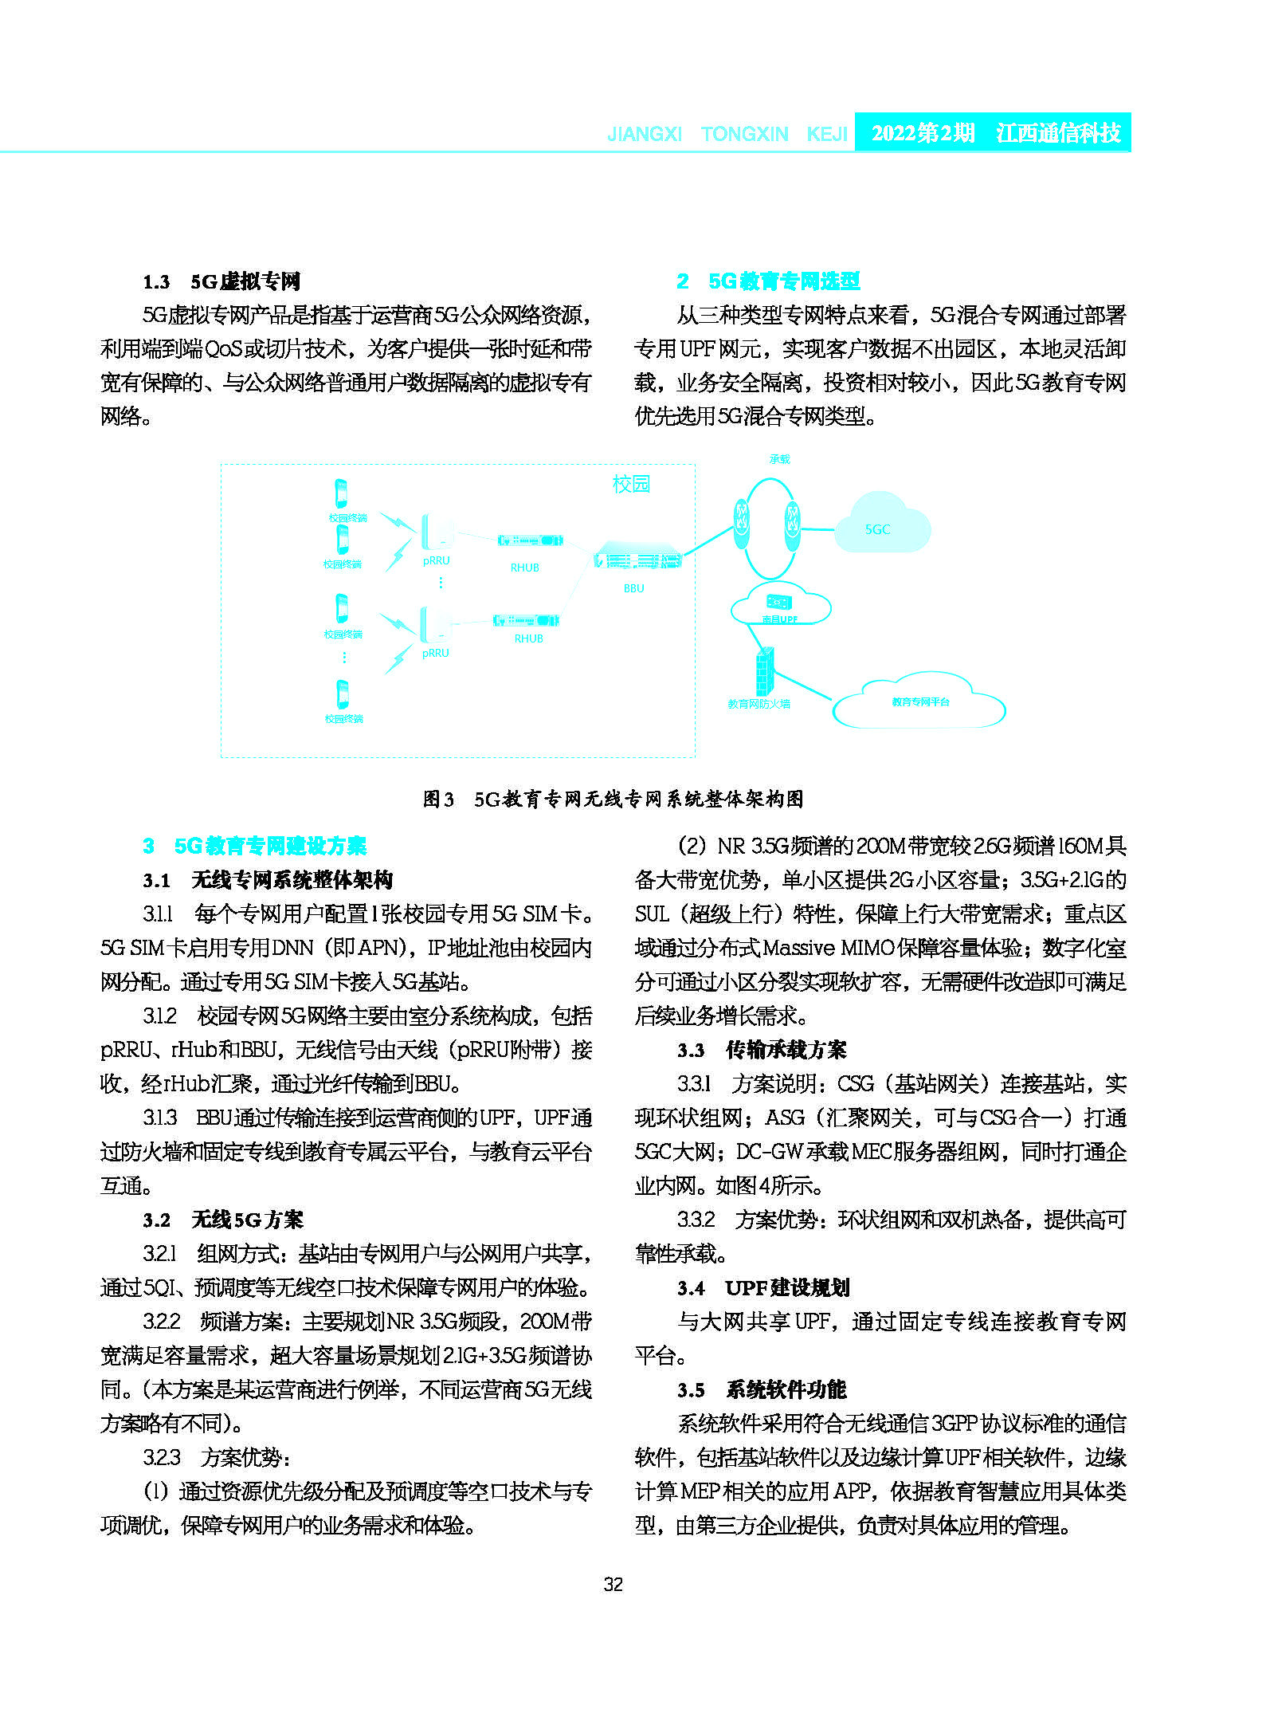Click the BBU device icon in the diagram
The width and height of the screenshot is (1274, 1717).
(637, 558)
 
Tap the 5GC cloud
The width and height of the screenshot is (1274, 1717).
(881, 525)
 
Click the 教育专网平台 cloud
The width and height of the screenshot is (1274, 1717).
(919, 701)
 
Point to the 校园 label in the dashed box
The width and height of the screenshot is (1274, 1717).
(631, 484)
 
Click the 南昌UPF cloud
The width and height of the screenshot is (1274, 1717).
(780, 608)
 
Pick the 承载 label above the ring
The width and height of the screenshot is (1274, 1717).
(779, 459)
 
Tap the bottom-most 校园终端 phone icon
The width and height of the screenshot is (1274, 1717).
(343, 693)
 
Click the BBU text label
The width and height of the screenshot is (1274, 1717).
(633, 588)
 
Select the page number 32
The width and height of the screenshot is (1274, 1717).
(613, 1585)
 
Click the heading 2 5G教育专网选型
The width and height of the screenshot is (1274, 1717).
(768, 281)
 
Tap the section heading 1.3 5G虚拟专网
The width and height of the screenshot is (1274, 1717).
(221, 281)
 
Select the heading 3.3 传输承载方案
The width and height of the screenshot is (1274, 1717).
(762, 1050)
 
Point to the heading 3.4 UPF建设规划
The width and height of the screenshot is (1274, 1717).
(763, 1287)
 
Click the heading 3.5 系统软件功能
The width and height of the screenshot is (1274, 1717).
(762, 1389)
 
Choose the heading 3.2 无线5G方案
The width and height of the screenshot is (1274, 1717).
(223, 1220)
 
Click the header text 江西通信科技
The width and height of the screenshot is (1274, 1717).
(1057, 133)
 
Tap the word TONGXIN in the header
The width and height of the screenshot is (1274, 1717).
(744, 134)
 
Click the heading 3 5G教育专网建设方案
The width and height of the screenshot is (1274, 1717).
(255, 846)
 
